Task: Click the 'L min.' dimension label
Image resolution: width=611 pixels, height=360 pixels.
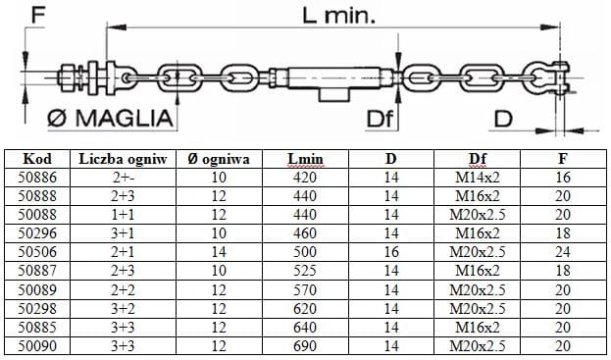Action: [x=338, y=16]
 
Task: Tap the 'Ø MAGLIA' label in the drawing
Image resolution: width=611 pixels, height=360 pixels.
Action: [x=110, y=118]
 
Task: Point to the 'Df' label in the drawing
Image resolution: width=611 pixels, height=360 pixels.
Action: [x=380, y=119]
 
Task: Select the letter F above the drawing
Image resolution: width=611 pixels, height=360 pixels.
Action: [x=38, y=16]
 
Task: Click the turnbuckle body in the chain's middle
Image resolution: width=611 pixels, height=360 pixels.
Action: [x=333, y=78]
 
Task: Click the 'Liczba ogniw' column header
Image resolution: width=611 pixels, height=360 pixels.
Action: [x=123, y=159]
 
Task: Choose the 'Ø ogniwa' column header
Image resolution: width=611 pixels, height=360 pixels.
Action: [x=219, y=159]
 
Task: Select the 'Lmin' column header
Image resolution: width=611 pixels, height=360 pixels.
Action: [x=305, y=159]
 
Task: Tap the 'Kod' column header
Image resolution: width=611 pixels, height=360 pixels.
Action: [x=37, y=159]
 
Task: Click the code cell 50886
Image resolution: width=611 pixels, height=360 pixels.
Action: [x=37, y=178]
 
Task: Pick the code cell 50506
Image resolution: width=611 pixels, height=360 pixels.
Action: [x=37, y=252]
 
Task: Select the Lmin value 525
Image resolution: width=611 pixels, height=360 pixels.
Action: [x=305, y=271]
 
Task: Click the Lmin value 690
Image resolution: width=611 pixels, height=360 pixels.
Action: [x=305, y=345]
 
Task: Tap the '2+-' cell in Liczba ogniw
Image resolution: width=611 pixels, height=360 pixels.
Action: [x=123, y=178]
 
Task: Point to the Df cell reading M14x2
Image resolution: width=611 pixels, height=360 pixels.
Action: [x=478, y=178]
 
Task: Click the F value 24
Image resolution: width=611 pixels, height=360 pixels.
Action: [x=563, y=252]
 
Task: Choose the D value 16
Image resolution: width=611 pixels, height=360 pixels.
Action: [x=391, y=252]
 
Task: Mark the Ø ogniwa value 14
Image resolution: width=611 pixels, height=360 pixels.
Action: [x=219, y=252]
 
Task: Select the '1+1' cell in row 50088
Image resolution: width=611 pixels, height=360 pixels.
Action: [x=123, y=215]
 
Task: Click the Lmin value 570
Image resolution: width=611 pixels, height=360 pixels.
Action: [x=305, y=290]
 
